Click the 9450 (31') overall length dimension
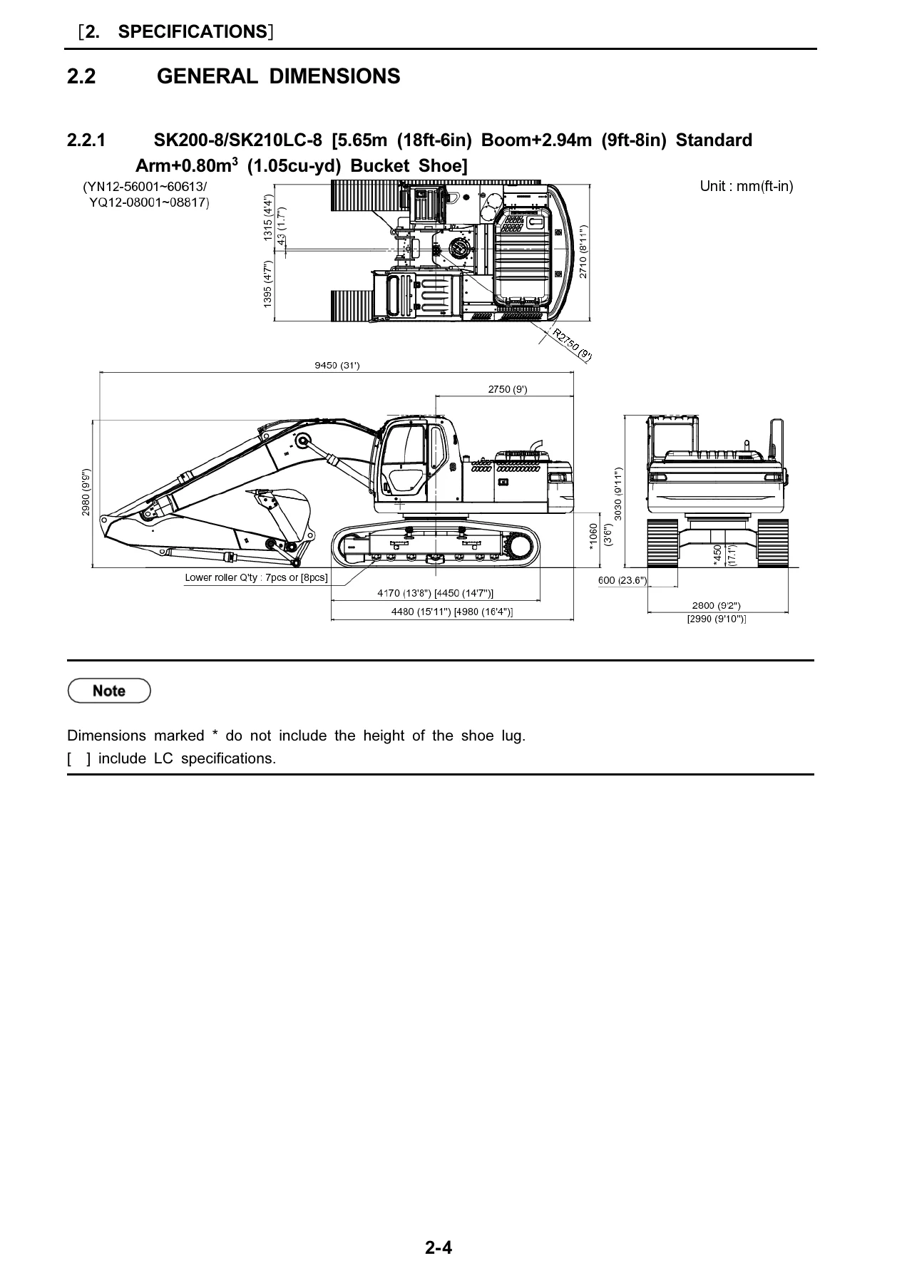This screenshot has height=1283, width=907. pyautogui.click(x=337, y=366)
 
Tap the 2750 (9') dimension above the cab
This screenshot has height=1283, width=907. pyautogui.click(x=508, y=389)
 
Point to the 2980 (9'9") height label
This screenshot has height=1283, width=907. pyautogui.click(x=86, y=493)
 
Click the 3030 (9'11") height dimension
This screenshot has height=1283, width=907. pyautogui.click(x=618, y=493)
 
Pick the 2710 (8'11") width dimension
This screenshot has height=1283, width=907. pyautogui.click(x=583, y=252)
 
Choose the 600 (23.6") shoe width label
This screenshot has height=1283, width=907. pyautogui.click(x=622, y=580)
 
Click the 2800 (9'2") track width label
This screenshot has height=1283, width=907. pyautogui.click(x=717, y=607)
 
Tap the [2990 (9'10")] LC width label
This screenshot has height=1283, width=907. pyautogui.click(x=717, y=619)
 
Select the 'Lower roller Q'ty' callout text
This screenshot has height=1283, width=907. pyautogui.click(x=256, y=577)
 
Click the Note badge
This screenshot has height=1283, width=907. pyautogui.click(x=109, y=691)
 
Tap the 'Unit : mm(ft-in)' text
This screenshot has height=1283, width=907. pyautogui.click(x=747, y=186)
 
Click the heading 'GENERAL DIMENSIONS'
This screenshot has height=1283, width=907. pyautogui.click(x=278, y=76)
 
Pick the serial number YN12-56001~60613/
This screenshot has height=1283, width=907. pyautogui.click(x=145, y=187)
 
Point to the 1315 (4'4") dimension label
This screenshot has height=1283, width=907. pyautogui.click(x=268, y=218)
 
